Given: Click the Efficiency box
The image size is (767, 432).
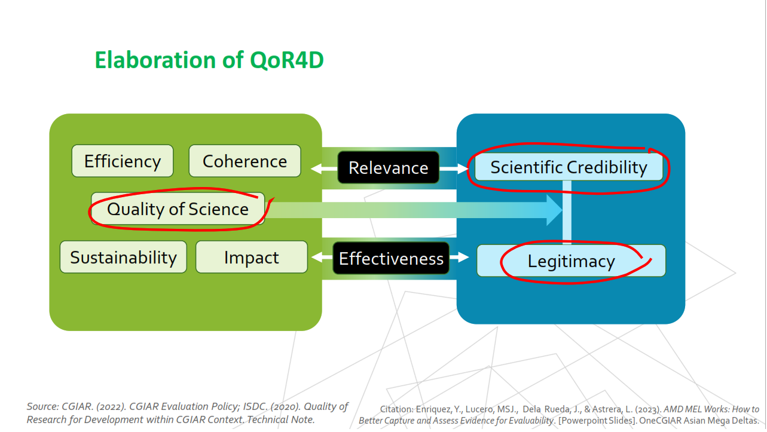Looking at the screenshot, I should point(123,161).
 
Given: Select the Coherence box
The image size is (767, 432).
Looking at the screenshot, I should point(245,161).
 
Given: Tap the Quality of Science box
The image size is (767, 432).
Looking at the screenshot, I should point(178,209).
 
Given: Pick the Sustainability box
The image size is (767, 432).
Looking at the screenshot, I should point(123,258).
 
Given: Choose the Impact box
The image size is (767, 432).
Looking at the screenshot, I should point(251,258).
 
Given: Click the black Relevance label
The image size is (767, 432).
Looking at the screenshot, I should point(388,168).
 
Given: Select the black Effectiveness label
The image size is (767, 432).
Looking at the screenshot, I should point(391,258).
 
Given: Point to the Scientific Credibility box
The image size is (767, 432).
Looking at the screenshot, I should point(569,167).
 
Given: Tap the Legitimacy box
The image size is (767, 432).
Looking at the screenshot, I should point(571,261).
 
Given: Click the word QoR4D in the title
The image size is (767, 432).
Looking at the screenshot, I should point(284,60).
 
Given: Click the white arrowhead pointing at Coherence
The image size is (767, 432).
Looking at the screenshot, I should point(316,168).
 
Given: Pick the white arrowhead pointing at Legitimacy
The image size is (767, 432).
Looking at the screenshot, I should point(463,258).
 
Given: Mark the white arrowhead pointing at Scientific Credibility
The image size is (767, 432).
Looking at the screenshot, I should point(462,168).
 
